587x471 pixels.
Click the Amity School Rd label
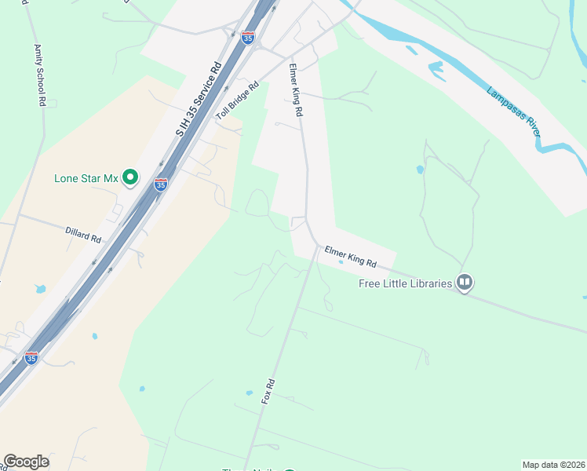coord(39,75)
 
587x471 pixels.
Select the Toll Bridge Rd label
coord(237,102)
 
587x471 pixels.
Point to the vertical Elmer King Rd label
coord(295,90)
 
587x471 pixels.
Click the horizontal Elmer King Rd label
coord(350,257)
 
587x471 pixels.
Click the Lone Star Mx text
coord(86,178)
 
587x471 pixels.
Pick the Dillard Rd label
coord(83,234)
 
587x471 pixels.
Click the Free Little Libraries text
coord(406,283)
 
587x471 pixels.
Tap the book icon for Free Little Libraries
coord(465,282)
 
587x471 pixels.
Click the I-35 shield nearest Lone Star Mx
coord(161,184)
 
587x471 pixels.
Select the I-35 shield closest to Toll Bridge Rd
coord(247,38)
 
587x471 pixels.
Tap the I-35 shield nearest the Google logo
coord(31,358)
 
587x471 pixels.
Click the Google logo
coord(26,462)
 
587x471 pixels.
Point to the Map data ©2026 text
coord(553,465)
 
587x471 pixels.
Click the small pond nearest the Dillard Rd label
coord(40,289)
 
